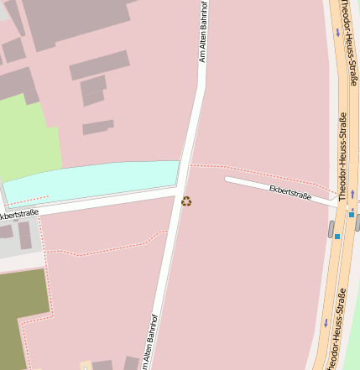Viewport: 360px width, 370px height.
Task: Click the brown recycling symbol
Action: pos(186,201)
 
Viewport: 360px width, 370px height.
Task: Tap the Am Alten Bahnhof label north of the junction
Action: pos(202,33)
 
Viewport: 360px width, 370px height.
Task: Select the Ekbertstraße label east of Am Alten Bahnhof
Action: pos(290,194)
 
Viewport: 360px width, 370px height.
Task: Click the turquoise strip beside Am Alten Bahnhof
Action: pos(92,180)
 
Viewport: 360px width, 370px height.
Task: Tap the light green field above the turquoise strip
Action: pos(29,138)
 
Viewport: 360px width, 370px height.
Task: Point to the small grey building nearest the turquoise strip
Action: pos(97,128)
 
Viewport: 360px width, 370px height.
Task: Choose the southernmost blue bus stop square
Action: pos(337,237)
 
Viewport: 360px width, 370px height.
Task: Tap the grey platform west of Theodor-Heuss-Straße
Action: pos(331,229)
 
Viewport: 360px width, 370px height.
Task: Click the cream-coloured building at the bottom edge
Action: pos(85,366)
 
